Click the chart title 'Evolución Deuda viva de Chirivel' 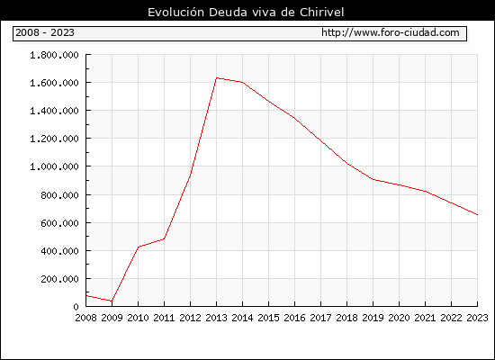[x=246, y=13]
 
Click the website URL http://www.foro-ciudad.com [x=391, y=32]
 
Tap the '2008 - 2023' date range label [x=45, y=32]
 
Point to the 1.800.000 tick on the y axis [x=54, y=55]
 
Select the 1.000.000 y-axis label [x=54, y=166]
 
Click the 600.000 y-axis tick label [x=59, y=223]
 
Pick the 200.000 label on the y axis [x=59, y=279]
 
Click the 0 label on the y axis [x=76, y=307]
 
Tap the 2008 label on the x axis [x=85, y=318]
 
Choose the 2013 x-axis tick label [x=216, y=318]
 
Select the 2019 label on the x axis [x=373, y=318]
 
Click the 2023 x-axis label [x=477, y=318]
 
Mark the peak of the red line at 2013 [x=217, y=77]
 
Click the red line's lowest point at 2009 [x=112, y=301]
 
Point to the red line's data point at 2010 [x=139, y=247]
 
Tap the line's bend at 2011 [x=164, y=238]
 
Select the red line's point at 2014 [x=242, y=83]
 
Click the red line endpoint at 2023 [x=477, y=215]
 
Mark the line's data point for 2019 [x=373, y=179]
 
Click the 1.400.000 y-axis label [x=54, y=111]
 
